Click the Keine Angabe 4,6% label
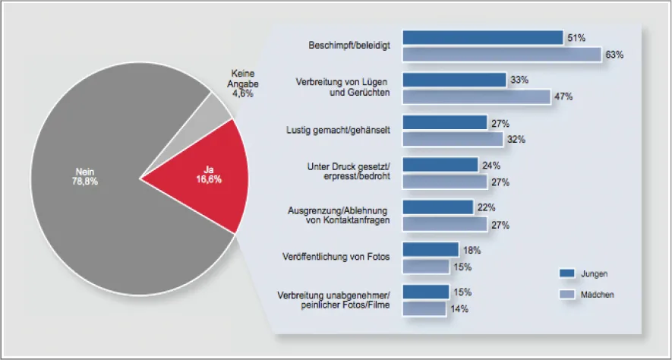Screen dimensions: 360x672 pos(243,84)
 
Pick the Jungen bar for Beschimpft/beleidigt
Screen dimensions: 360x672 pos(482,37)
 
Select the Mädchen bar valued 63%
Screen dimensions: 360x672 pos(501,55)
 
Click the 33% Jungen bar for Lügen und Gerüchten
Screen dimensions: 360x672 pos(454,80)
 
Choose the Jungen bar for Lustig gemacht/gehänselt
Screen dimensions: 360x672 pos(444,122)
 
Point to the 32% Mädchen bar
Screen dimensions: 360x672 pos(453,140)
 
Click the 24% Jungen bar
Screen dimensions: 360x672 pos(440,165)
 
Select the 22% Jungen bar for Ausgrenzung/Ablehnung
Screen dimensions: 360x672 pos(437,207)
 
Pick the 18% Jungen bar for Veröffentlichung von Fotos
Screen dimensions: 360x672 pos(431,250)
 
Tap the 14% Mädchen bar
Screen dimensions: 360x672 pos(424,309)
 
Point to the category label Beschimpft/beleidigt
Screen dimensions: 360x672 pos(350,46)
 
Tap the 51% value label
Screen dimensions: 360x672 pos(575,37)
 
